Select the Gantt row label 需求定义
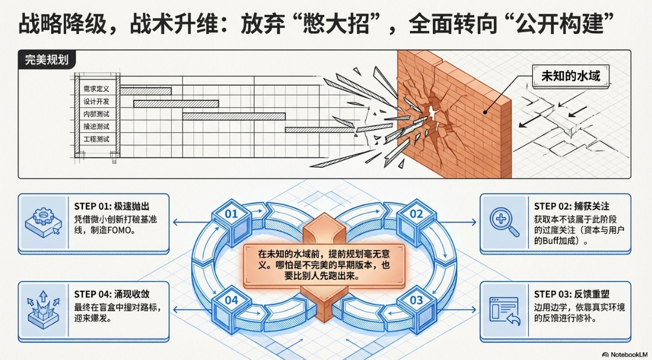click(96, 89)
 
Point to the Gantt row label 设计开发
click(96, 102)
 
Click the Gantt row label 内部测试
click(96, 115)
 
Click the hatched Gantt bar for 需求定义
click(146, 91)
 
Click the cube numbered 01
click(232, 214)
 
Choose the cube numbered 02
click(415, 214)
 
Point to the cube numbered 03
click(415, 301)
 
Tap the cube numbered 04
click(232, 301)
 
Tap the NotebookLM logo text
click(626, 354)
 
